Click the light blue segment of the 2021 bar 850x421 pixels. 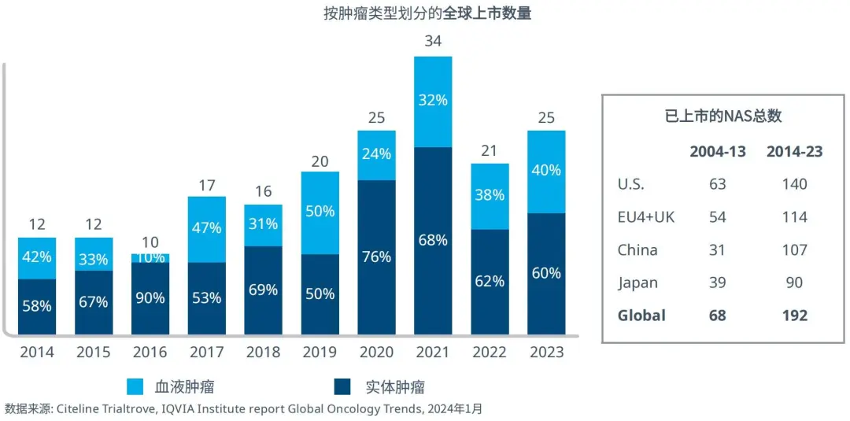tap(433, 102)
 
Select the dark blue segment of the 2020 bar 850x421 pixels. tap(376, 257)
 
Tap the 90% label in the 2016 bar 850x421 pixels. tap(150, 298)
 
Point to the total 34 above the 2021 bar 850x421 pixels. tap(433, 42)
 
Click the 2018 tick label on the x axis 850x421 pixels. tap(263, 352)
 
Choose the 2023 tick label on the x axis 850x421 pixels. tap(546, 352)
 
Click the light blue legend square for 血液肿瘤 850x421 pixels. tap(135, 386)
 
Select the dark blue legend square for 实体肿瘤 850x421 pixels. tap(342, 386)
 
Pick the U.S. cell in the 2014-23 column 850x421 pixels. tap(795, 184)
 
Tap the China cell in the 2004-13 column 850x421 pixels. tap(717, 250)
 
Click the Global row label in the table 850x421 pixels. tap(641, 316)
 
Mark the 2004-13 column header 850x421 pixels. tap(717, 152)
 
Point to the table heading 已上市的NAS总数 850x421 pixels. tap(723, 116)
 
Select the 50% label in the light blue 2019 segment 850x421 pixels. tap(320, 211)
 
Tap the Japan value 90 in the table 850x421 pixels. tap(795, 283)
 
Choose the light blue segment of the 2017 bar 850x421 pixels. tap(206, 229)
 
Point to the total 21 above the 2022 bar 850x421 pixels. tap(490, 150)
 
